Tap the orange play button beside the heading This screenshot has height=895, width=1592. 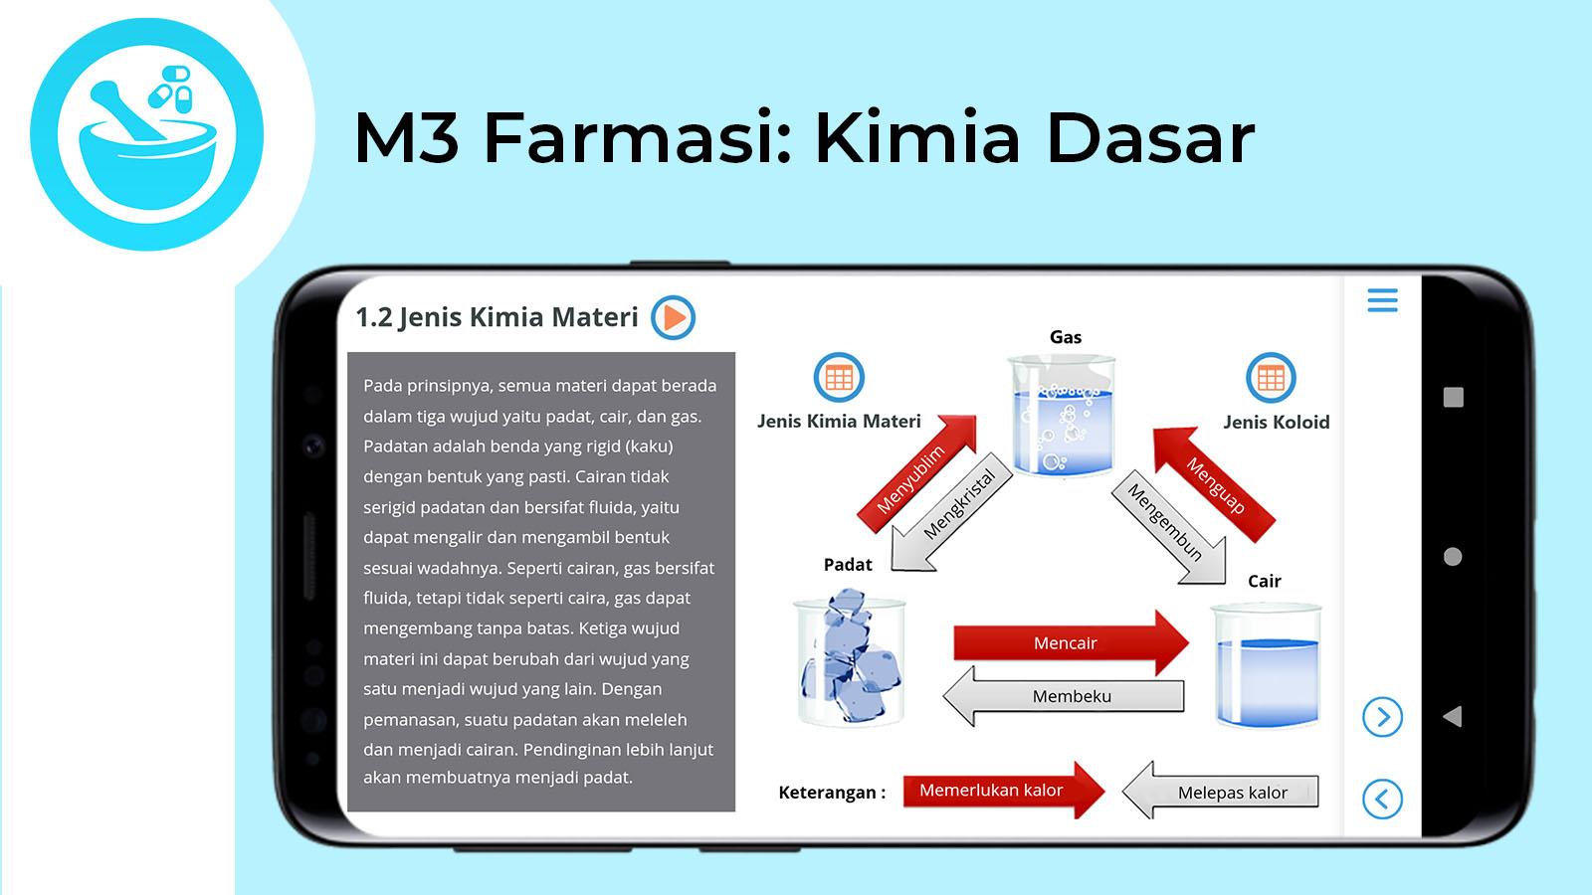[x=673, y=317]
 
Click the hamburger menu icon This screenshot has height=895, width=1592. [x=1382, y=299]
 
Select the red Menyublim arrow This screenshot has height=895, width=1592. [x=916, y=473]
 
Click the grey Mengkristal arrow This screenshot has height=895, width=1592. [x=953, y=520]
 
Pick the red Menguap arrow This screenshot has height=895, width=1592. [x=1214, y=483]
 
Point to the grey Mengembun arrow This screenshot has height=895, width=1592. [x=1169, y=526]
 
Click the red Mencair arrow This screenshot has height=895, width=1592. [x=1071, y=642]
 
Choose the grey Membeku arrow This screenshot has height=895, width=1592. [x=1064, y=696]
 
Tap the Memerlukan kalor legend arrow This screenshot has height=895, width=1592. [x=1004, y=791]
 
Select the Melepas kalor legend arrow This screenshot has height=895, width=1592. [x=1220, y=792]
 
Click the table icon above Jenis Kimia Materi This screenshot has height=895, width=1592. [x=839, y=377]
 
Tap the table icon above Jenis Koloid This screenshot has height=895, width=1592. [x=1271, y=378]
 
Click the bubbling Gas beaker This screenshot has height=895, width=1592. [x=1063, y=416]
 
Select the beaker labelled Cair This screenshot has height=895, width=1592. [x=1267, y=666]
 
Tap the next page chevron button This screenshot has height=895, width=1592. [x=1382, y=717]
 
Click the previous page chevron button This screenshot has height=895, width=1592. [x=1382, y=800]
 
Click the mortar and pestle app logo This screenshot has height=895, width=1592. [x=147, y=134]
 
